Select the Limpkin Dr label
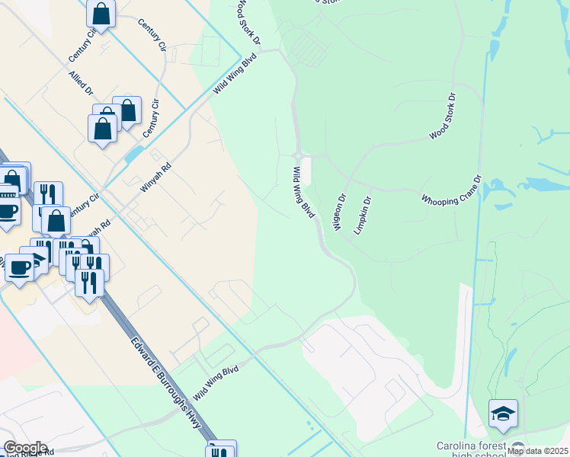point(361,216)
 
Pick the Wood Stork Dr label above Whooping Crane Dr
point(442,117)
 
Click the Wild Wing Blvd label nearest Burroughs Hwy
point(216,383)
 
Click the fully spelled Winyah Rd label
point(156,185)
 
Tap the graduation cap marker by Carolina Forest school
point(504,414)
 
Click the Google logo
point(25,448)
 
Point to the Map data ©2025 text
point(537,451)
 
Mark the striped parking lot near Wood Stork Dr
point(309,49)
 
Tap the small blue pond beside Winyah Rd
point(133,153)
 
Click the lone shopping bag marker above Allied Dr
point(101,14)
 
